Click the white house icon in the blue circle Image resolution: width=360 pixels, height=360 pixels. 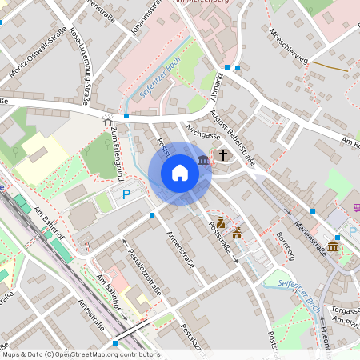tap(180, 173)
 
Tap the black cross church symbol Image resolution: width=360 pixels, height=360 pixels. tap(223, 154)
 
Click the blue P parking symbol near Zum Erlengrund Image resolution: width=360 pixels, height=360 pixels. tap(126, 194)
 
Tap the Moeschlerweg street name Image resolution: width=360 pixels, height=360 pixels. tap(290, 49)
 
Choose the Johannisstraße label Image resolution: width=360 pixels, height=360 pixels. tap(150, 18)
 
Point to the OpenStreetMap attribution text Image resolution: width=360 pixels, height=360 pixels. tap(80, 354)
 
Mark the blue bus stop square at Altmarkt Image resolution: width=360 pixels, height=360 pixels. tap(227, 68)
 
